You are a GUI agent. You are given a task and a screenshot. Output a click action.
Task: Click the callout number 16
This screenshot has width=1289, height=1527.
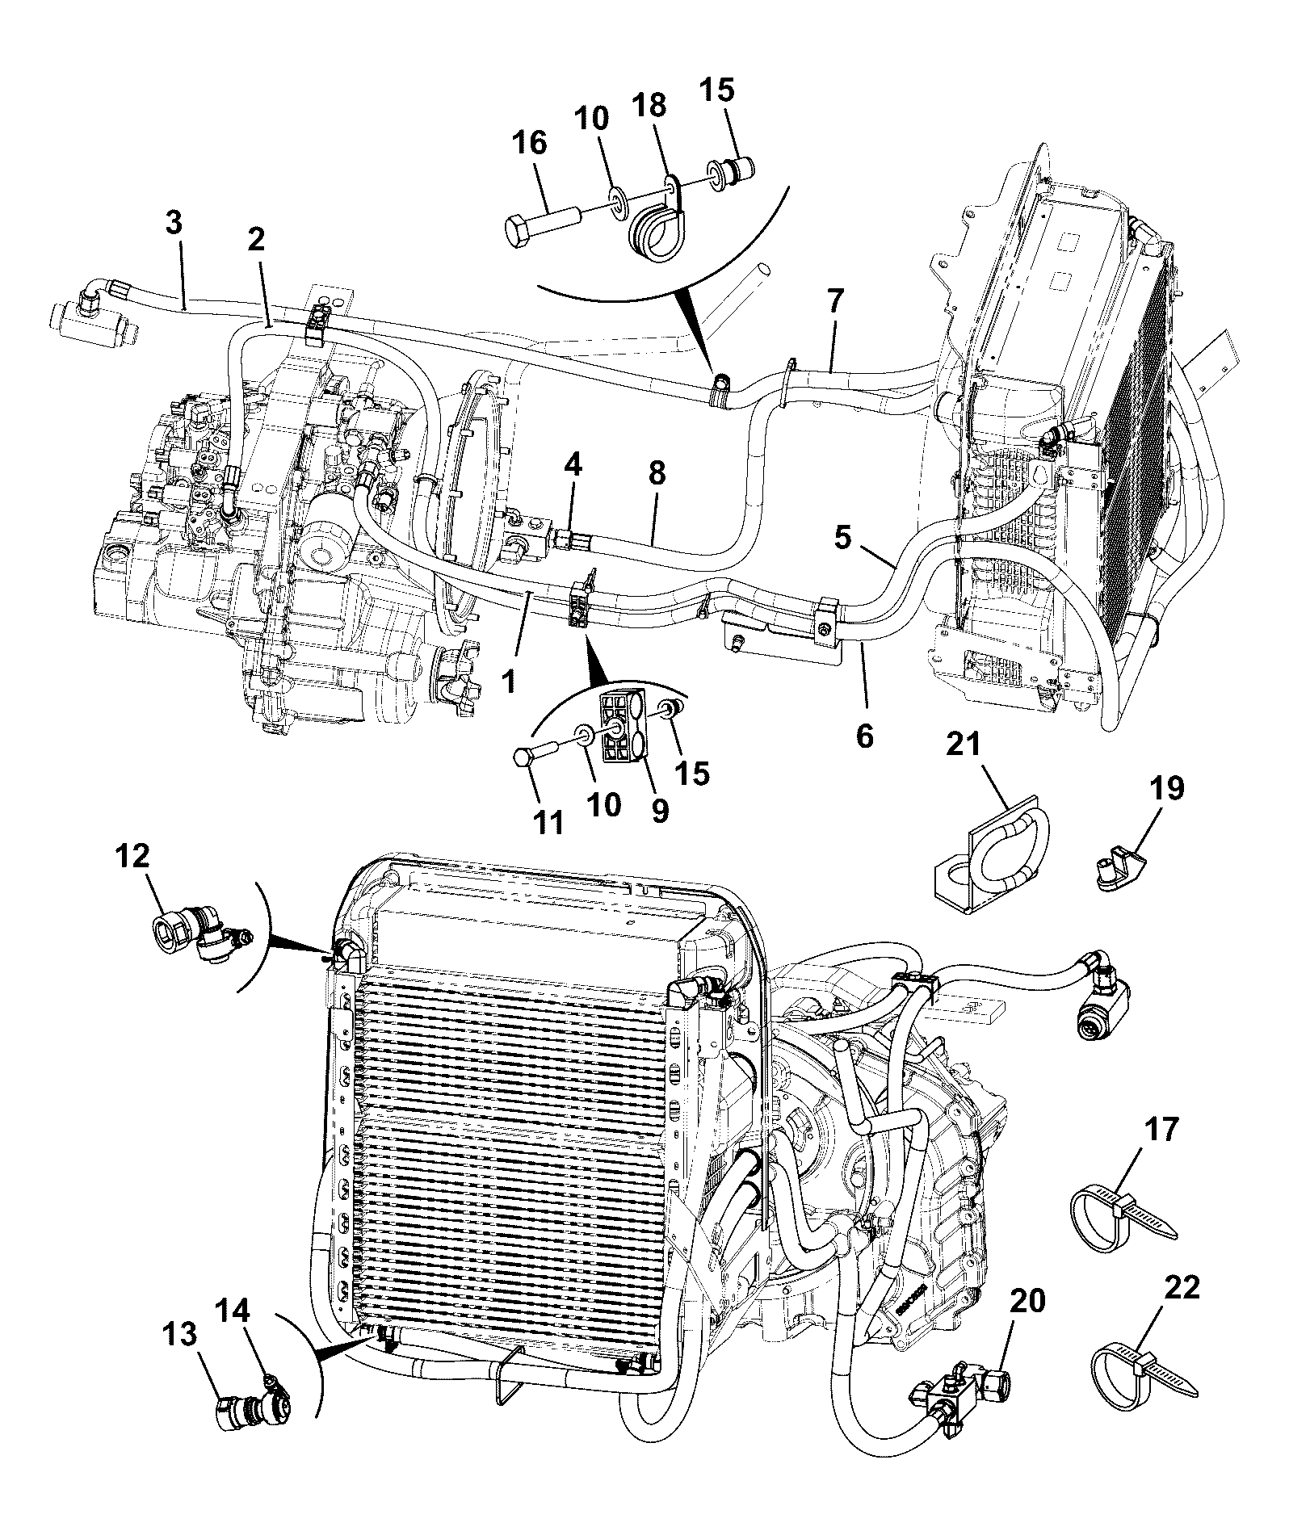(x=529, y=144)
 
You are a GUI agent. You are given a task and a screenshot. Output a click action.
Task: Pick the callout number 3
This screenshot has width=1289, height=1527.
(x=174, y=222)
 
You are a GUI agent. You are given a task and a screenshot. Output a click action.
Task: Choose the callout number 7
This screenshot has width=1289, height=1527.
(x=835, y=303)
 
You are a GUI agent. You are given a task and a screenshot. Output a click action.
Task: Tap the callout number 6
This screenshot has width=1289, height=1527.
(x=865, y=736)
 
